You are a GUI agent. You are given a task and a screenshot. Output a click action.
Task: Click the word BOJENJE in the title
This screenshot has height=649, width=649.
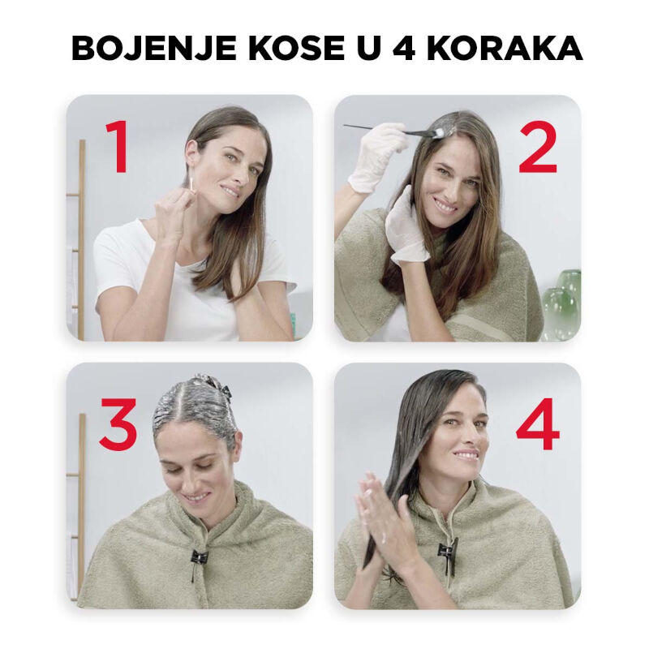pos(153,48)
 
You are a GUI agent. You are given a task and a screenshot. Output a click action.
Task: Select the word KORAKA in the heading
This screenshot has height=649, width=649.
pos(504,48)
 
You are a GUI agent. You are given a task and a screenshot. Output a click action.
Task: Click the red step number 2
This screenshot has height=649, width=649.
pos(538,148)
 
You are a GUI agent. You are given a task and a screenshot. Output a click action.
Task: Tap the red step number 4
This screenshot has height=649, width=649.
pos(537,423)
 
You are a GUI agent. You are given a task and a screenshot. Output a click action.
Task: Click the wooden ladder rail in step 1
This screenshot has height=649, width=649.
pos(81,240)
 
